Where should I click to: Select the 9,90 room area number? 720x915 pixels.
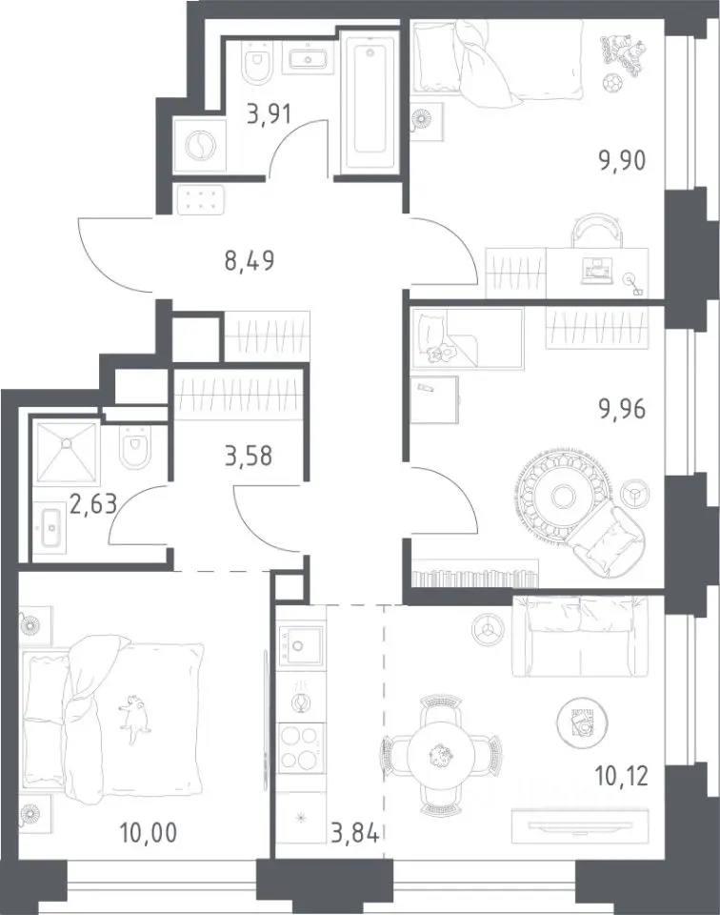coord(623,159)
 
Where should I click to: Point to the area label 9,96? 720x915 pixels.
coord(623,409)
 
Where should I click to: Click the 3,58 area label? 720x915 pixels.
coord(249,456)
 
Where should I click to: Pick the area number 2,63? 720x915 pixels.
coord(94,502)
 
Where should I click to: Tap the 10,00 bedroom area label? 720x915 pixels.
coord(148,833)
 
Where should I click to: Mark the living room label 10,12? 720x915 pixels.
coord(622,777)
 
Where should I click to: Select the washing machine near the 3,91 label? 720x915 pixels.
coord(200,145)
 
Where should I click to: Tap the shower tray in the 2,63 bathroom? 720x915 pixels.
coord(67,452)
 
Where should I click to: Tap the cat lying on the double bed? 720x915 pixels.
coord(134,716)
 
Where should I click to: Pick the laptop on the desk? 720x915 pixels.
coord(597,271)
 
